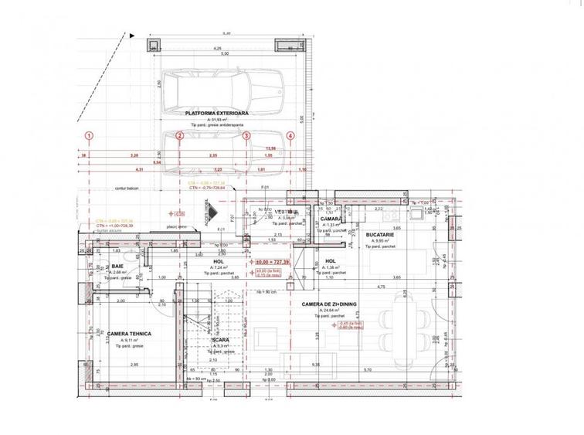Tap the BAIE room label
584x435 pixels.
[x=118, y=266]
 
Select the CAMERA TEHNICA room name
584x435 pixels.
[x=129, y=334]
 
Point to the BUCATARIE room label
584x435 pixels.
[x=382, y=234]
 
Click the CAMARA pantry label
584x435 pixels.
[x=331, y=219]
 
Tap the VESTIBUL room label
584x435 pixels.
[x=287, y=212]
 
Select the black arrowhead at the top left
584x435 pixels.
[x=134, y=34]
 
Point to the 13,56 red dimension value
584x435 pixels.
[x=271, y=148]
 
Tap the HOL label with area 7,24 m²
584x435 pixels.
[x=218, y=261]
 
